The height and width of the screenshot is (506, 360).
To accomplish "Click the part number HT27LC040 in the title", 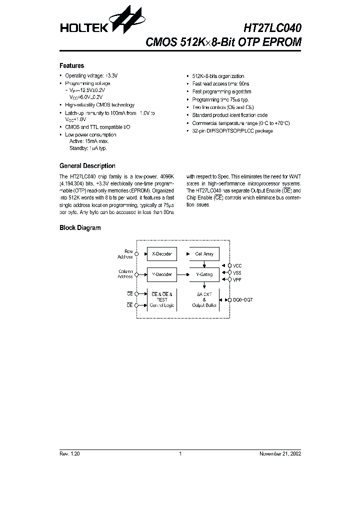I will click(x=272, y=27).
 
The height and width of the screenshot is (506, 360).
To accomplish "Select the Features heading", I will click(x=71, y=65).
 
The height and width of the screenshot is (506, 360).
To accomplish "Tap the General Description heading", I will click(x=87, y=166).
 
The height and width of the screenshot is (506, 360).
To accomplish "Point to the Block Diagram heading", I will click(x=80, y=228).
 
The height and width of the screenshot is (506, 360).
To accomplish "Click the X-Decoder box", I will click(x=161, y=254).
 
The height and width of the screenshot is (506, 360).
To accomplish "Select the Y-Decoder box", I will click(x=161, y=274).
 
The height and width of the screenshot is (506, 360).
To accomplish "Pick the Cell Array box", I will click(x=204, y=254).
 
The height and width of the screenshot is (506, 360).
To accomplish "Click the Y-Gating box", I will click(x=204, y=274).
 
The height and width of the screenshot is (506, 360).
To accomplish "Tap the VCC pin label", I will click(x=238, y=266).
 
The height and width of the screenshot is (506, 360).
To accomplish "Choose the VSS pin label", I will click(x=237, y=273).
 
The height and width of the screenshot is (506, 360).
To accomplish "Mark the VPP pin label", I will click(x=237, y=280).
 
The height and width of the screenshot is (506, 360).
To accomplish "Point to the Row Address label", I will click(x=125, y=254).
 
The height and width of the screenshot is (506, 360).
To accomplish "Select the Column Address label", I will click(x=125, y=274).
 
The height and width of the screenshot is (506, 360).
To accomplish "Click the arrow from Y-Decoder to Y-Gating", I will click(x=183, y=274).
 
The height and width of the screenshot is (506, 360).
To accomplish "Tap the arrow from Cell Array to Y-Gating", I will click(x=204, y=265).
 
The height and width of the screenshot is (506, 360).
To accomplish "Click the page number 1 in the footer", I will click(x=179, y=454).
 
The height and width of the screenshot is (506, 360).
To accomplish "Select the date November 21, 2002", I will click(x=279, y=454).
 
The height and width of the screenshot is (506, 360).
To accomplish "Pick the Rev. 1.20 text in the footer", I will click(x=70, y=454).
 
